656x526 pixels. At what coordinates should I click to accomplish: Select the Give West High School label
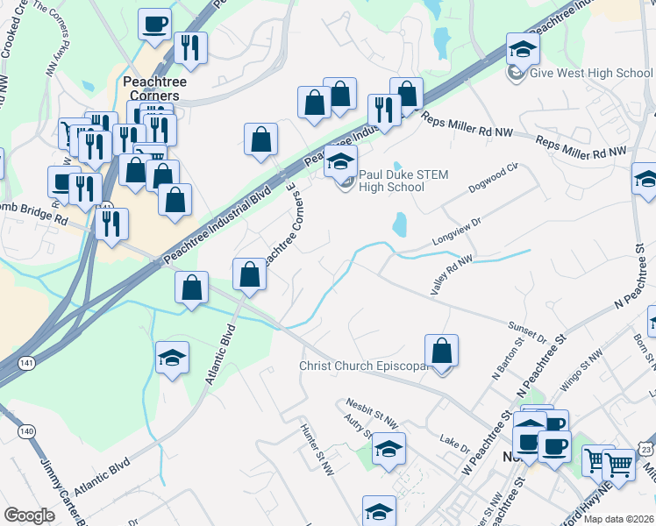[x=591, y=73]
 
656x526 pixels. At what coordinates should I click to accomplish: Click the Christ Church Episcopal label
[x=365, y=366]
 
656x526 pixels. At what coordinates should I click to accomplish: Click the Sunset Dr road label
[x=527, y=331]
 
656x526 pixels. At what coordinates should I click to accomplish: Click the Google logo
[x=29, y=515]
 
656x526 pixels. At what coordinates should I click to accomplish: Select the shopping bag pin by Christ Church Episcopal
[x=442, y=351]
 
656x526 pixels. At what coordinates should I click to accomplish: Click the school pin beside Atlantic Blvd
[x=173, y=358]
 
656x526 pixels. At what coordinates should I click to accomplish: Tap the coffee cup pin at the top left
[x=155, y=24]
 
